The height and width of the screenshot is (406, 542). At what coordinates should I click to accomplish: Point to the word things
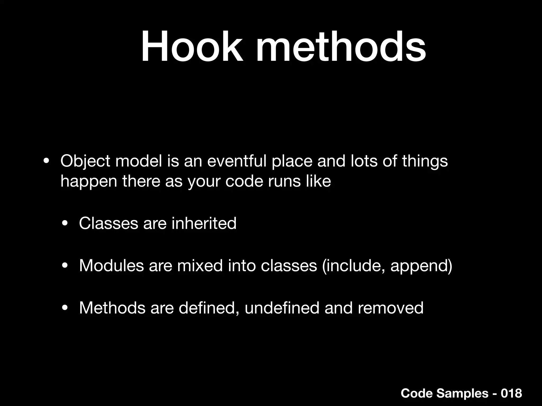(425, 161)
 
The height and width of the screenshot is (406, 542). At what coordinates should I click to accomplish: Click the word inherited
(204, 223)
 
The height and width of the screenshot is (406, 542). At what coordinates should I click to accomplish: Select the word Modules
(111, 265)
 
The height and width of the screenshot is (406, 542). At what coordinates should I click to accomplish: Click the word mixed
(200, 265)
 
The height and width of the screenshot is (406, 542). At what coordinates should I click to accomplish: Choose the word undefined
(282, 308)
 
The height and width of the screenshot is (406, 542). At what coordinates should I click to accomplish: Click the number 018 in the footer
(511, 393)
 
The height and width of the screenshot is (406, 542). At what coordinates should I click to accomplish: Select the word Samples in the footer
(462, 394)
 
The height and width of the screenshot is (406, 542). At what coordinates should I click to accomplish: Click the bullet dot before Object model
(46, 161)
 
